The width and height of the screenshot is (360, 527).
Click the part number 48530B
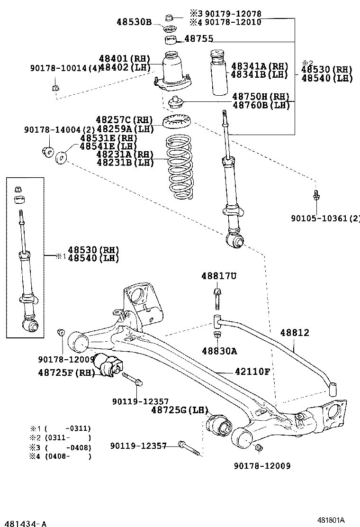pyautogui.click(x=134, y=22)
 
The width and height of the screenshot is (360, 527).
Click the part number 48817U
pyautogui.click(x=218, y=276)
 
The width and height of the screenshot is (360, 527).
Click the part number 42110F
pyautogui.click(x=252, y=372)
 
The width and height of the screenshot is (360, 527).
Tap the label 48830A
pyautogui.click(x=219, y=351)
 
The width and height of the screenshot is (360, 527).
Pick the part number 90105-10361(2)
pyautogui.click(x=325, y=218)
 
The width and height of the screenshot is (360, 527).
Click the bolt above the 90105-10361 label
pyautogui.click(x=316, y=196)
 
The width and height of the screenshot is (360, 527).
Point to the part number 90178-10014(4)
pyautogui.click(x=65, y=68)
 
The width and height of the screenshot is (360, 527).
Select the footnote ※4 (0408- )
pyautogui.click(x=60, y=456)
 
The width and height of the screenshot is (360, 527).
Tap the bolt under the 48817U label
pyautogui.click(x=217, y=298)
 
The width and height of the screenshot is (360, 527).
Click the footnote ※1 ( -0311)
pyautogui.click(x=60, y=428)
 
